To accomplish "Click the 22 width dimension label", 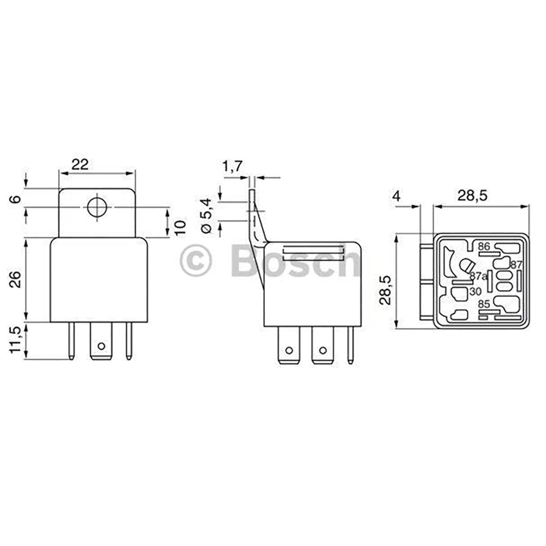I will tap(80, 164).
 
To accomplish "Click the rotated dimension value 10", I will tap(181, 225).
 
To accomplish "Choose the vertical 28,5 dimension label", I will tap(386, 289).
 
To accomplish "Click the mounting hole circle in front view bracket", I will tap(97, 207).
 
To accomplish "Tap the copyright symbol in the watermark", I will tap(195, 262).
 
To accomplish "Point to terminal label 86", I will tap(484, 247).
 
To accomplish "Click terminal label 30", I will tap(475, 292).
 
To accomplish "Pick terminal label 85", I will tap(484, 304).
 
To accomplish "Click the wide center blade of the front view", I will tap(100, 341).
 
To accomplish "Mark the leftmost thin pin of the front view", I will tap(72, 341).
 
